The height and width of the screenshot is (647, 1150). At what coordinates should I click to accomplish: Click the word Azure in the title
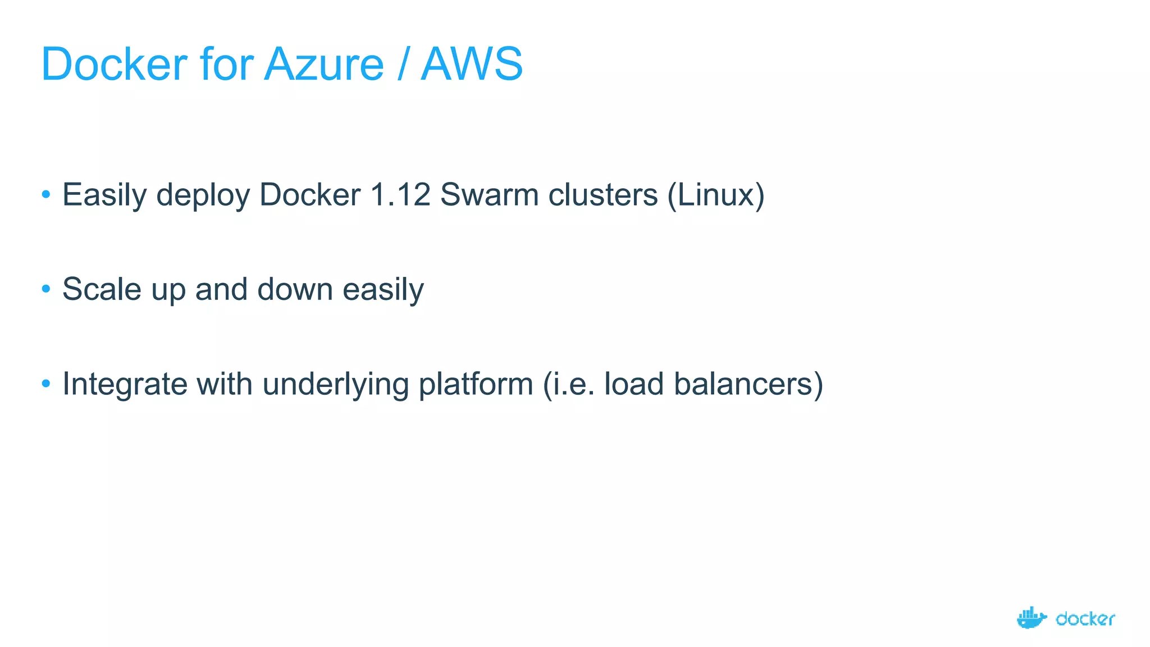(324, 64)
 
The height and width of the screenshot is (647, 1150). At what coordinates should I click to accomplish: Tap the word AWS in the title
(472, 64)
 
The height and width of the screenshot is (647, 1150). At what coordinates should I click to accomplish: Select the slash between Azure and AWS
(402, 64)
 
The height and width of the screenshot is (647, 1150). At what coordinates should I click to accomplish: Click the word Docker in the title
(114, 64)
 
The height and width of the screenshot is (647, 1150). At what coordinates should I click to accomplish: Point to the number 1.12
(400, 195)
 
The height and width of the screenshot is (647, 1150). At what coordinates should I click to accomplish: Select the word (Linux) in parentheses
(716, 195)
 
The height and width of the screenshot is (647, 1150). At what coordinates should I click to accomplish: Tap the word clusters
(603, 195)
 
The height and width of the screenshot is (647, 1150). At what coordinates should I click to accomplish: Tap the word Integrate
(124, 384)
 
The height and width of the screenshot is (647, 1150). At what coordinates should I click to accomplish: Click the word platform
(476, 384)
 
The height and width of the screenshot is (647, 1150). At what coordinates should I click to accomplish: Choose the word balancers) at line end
(748, 384)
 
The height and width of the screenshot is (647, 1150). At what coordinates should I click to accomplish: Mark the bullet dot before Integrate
(46, 384)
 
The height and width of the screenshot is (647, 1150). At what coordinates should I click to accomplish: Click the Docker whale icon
(1031, 618)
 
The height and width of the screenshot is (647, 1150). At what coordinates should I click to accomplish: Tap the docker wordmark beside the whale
(1085, 619)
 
